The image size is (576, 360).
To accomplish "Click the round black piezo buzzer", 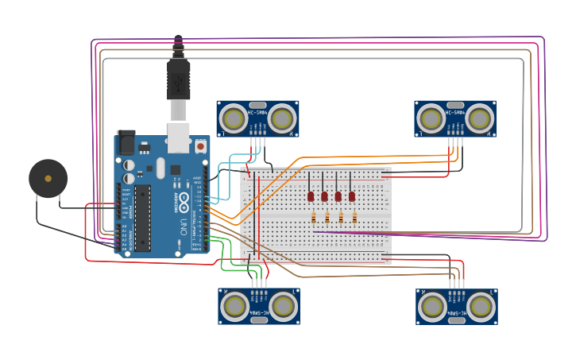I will coord(48,178).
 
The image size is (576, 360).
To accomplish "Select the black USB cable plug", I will coord(178,79).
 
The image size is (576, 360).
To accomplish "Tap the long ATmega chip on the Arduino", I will coord(143,218).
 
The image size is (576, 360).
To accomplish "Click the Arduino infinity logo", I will coord(184,197).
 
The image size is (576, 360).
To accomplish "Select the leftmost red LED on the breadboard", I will coord(311,195).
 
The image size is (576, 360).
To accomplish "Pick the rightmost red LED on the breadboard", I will coord(351,195).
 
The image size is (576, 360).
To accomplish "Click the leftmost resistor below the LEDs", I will coord(314,218).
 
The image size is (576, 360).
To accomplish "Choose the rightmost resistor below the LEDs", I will coord(354,218).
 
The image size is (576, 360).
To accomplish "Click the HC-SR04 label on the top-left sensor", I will coord(257,113).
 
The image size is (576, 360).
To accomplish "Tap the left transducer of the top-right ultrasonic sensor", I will coord(431,119).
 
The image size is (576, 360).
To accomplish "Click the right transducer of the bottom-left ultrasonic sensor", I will coord(283,306).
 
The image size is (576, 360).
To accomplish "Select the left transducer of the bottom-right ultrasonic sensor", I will coord(432,306).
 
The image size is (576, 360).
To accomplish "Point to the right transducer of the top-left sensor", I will coord(281,119).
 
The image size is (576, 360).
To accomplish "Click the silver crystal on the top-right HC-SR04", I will coord(455,105).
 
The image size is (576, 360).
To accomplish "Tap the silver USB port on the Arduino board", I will coord(179,137).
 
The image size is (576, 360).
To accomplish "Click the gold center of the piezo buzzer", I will coord(48,178).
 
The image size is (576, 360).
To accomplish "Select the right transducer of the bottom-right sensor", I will coord(481,306).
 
